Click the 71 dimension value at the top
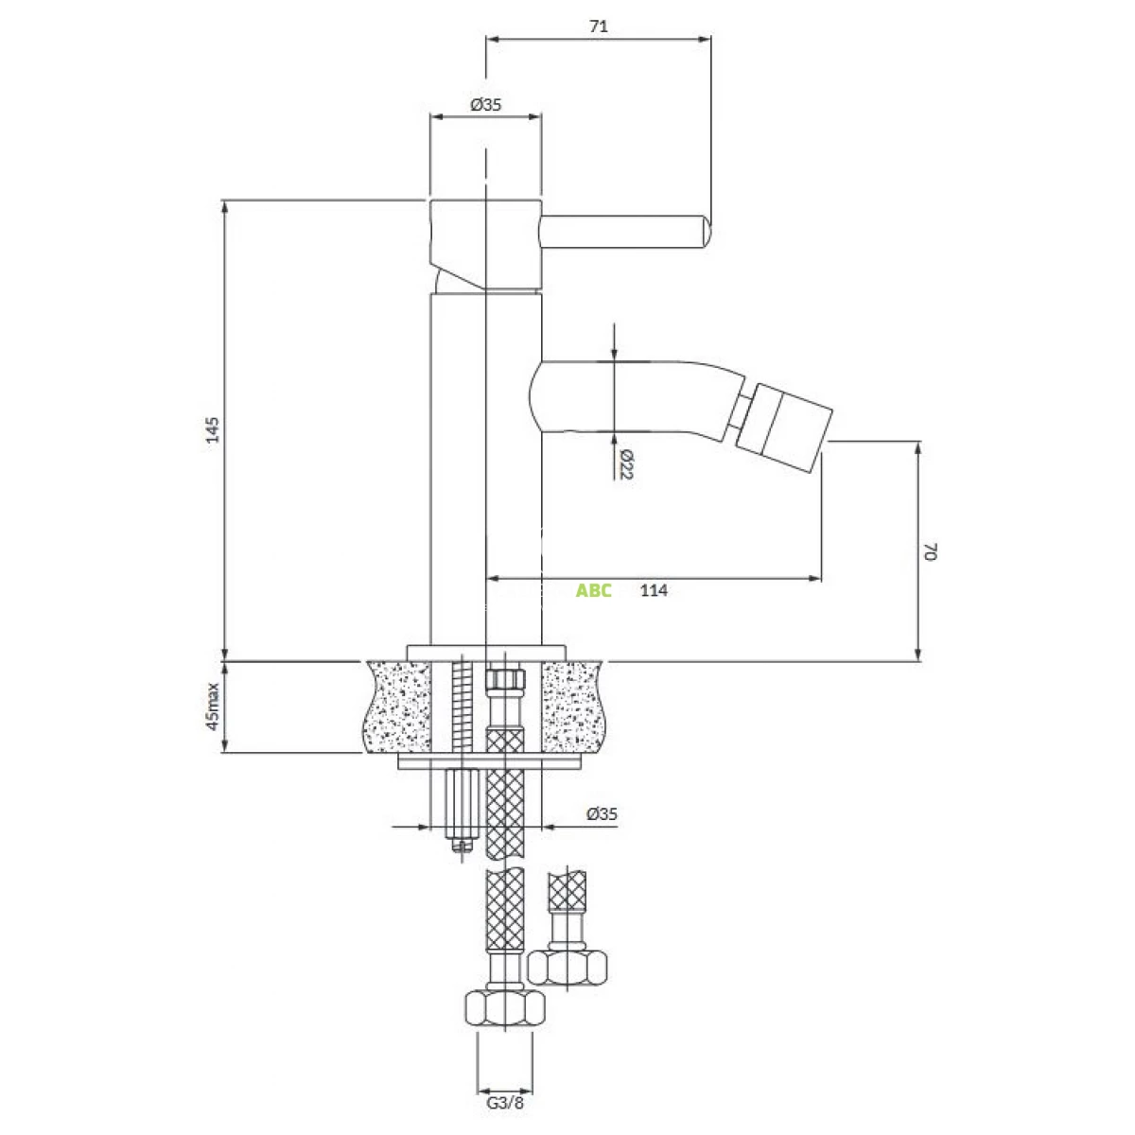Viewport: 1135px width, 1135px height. (x=598, y=26)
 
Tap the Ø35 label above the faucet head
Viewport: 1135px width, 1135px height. (x=485, y=105)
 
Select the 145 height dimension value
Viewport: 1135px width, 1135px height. (x=213, y=429)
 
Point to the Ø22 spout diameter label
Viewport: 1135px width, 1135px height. (x=626, y=464)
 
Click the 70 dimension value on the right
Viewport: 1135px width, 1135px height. (x=930, y=551)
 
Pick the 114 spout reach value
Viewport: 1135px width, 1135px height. (x=654, y=590)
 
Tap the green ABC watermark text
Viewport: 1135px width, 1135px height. (x=594, y=590)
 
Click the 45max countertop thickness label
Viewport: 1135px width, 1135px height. (x=213, y=707)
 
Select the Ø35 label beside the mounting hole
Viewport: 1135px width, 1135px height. (x=602, y=814)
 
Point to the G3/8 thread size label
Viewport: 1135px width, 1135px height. (x=505, y=1103)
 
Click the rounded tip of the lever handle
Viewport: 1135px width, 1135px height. (x=707, y=232)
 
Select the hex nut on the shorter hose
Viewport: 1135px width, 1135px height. (x=567, y=969)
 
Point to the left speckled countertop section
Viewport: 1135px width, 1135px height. (x=397, y=707)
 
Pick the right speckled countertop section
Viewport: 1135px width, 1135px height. (x=573, y=707)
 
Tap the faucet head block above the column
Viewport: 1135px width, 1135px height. (x=486, y=244)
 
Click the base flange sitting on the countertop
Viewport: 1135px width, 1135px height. (x=486, y=653)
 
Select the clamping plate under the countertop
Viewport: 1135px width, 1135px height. (x=489, y=762)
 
